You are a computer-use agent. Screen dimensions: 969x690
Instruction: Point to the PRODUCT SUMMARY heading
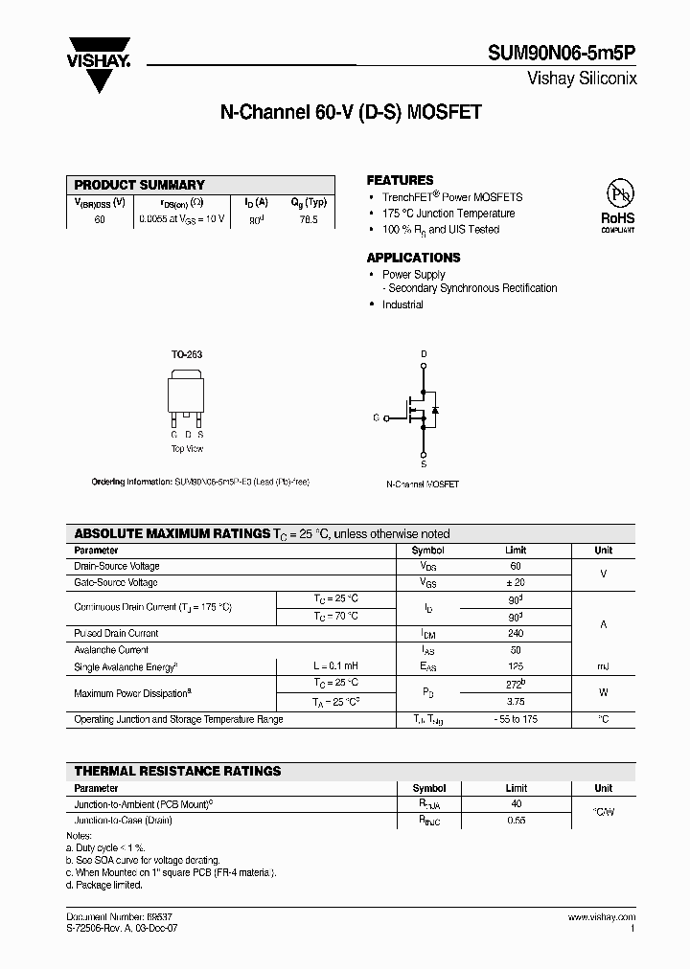click(x=139, y=185)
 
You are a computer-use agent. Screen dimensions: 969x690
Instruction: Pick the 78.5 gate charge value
click(x=308, y=219)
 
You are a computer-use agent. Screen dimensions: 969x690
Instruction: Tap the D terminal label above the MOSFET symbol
click(x=424, y=354)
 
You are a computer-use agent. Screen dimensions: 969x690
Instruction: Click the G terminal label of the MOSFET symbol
click(x=376, y=418)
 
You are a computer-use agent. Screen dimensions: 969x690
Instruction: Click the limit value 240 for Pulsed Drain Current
click(x=516, y=633)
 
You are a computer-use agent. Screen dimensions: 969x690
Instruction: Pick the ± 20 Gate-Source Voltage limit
click(x=516, y=582)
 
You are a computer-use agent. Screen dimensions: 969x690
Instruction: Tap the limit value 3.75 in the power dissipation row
click(x=516, y=701)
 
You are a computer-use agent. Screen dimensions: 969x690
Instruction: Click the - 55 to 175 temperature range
click(x=516, y=718)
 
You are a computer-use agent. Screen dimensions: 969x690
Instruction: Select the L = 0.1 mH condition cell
click(x=335, y=666)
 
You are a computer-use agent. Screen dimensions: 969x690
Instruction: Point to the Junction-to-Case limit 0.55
click(x=516, y=821)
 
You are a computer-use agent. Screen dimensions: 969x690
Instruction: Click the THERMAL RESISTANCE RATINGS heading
click(x=177, y=771)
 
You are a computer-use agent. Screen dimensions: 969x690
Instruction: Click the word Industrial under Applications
click(x=402, y=304)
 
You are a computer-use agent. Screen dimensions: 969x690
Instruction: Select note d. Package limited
click(x=103, y=885)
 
